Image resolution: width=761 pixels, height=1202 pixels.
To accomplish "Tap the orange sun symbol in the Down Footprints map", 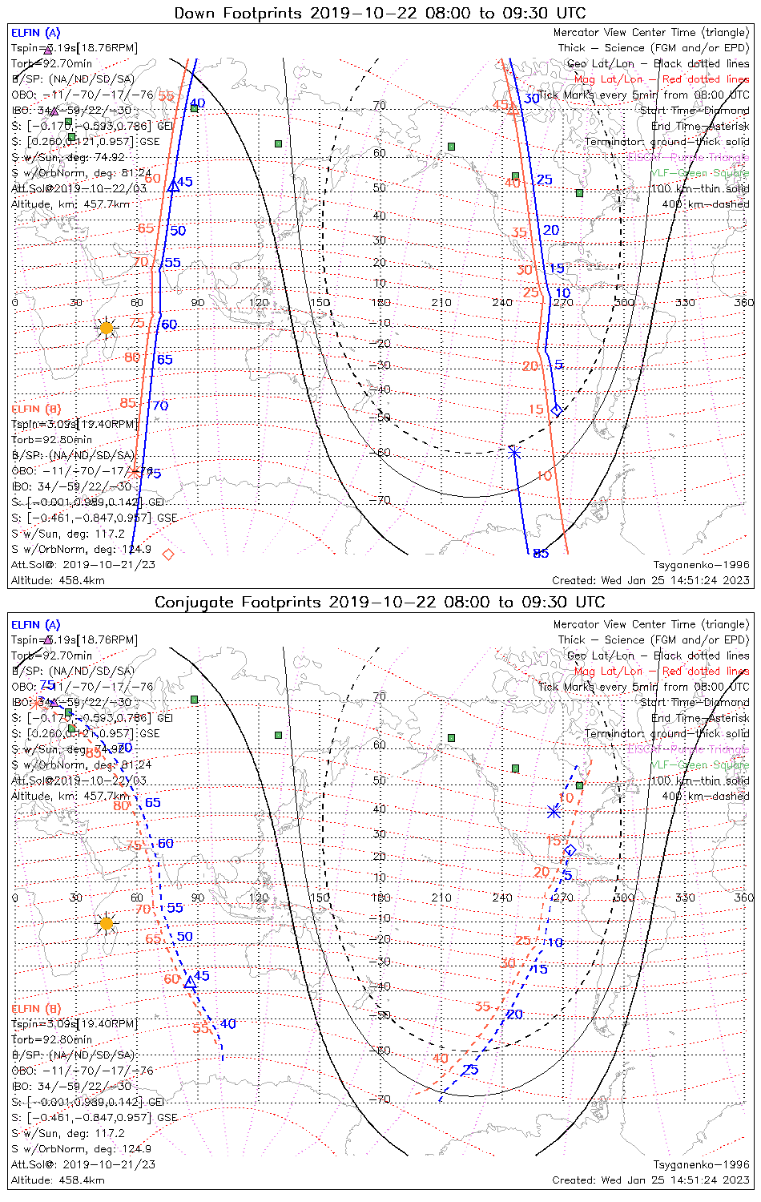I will [107, 328].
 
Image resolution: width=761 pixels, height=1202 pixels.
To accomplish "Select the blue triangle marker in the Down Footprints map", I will [173, 187].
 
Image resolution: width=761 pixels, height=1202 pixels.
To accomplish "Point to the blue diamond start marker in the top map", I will [557, 411].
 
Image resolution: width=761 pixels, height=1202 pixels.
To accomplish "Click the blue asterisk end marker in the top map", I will [514, 452].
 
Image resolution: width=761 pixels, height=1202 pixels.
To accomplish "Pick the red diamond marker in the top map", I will [168, 554].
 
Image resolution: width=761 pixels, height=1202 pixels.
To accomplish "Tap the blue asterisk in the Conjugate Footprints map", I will [554, 812].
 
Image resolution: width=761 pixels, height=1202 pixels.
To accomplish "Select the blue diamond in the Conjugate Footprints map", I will [570, 850].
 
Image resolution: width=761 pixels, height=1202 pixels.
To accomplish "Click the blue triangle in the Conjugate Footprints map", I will [190, 982].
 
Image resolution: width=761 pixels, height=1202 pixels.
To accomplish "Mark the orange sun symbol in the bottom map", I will [107, 923].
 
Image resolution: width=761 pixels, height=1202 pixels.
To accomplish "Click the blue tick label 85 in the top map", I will [541, 553].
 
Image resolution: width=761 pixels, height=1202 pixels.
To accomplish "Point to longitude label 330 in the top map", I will [685, 302].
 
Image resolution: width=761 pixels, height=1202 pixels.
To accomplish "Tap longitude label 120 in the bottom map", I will [259, 897].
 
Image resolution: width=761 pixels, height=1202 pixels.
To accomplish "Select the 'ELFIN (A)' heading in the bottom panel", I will [36, 624].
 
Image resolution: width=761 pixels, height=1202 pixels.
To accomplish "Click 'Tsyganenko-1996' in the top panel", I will [701, 565].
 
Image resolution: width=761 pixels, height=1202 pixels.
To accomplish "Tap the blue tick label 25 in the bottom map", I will [470, 1070].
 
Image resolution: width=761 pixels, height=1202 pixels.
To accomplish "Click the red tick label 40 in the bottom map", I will [441, 1059].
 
